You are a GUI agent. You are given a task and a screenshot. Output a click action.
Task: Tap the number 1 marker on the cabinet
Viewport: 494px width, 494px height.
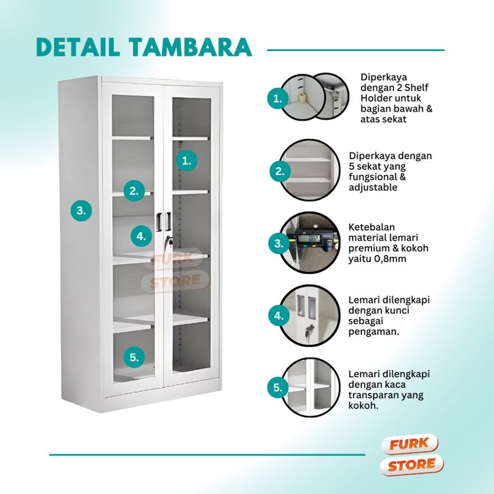(186, 161)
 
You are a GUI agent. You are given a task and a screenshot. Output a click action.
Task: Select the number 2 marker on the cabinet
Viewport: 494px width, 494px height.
(134, 191)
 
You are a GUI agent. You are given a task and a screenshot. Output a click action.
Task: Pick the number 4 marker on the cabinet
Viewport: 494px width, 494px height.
(141, 236)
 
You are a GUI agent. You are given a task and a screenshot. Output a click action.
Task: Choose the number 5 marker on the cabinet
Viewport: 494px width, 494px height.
(134, 357)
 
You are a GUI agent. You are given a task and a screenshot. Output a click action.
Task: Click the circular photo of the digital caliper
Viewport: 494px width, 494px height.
(310, 242)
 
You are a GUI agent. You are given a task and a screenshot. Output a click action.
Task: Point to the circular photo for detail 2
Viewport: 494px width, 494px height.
(310, 170)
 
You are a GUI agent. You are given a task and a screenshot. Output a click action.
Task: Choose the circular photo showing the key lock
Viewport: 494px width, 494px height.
(310, 315)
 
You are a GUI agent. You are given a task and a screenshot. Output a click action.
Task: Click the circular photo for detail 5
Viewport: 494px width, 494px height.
(310, 388)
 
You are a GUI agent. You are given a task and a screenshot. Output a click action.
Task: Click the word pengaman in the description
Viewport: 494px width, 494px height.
(374, 331)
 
